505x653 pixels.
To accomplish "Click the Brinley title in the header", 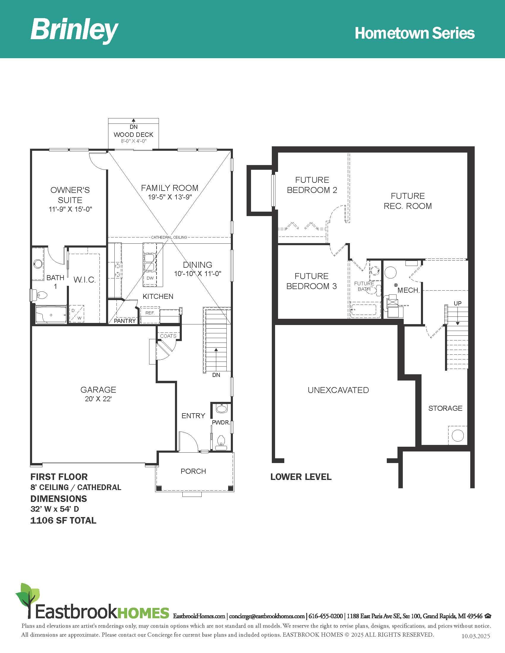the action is tap(75, 30).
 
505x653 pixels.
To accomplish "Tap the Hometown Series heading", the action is tap(415, 33).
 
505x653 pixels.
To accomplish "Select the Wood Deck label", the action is tap(133, 134).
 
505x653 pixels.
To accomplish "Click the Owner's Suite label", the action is tap(70, 195).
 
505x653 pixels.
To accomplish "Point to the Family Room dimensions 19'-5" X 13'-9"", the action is tap(170, 197).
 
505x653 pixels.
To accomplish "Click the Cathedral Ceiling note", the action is tap(169, 237).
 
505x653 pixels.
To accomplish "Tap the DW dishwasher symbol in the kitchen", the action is tap(150, 278).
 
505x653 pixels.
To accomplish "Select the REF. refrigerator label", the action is tap(150, 313).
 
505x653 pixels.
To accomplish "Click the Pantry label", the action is tap(125, 321).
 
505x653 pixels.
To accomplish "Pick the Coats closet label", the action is tap(168, 336).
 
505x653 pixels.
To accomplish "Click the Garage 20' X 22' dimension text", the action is tap(98, 399).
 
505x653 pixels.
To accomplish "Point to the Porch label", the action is tap(193, 471).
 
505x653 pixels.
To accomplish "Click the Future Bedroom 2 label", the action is tap(312, 185).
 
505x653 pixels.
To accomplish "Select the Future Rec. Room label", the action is tap(408, 201).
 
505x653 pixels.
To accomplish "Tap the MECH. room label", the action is tap(409, 290).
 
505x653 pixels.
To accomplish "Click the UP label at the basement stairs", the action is tap(458, 303).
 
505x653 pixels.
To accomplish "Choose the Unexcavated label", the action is tap(338, 390).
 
